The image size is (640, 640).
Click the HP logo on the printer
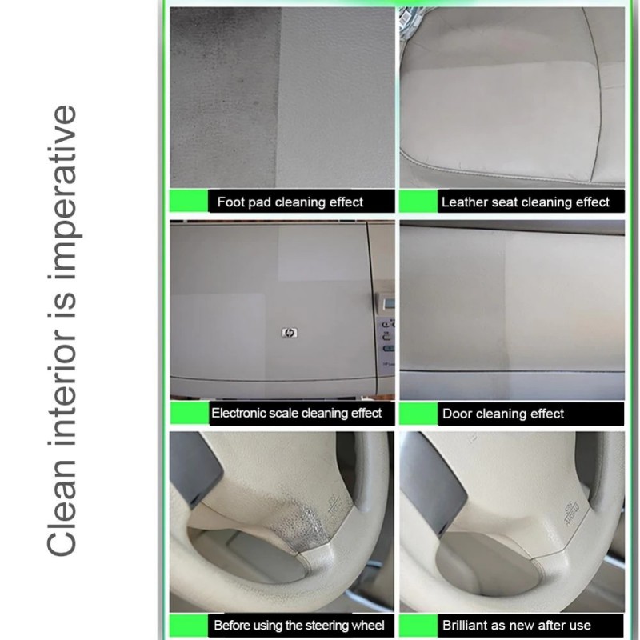(290, 333)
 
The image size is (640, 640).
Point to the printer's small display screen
(389, 303)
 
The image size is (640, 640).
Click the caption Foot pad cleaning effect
(290, 202)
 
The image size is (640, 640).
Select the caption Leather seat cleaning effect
(526, 202)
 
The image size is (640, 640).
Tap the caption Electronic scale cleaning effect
(297, 413)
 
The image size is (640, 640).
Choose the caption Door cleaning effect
(503, 414)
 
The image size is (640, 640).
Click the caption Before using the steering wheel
(299, 626)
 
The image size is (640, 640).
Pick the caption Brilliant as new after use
(517, 626)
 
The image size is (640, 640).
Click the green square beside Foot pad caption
(189, 201)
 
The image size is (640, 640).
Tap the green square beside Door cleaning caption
(418, 413)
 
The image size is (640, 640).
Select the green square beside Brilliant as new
(418, 625)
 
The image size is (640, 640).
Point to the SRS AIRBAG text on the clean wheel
(571, 513)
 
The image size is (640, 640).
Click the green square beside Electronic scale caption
(190, 413)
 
